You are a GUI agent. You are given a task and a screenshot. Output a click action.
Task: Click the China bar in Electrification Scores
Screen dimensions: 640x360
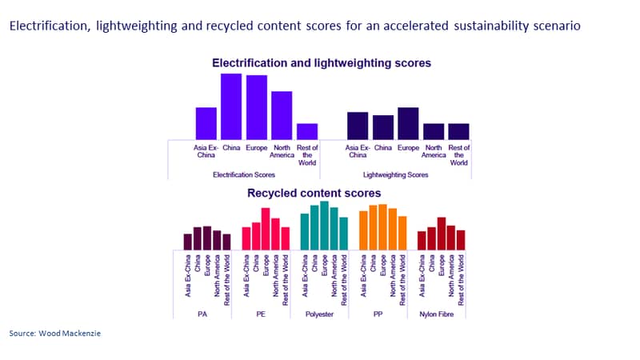click(x=231, y=106)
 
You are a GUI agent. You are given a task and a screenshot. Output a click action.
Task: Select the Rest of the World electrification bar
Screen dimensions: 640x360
click(x=307, y=131)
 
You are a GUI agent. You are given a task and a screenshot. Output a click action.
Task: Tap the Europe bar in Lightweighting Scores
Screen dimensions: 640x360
click(x=408, y=124)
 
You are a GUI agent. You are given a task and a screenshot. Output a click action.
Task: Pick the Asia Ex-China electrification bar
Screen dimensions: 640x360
click(x=206, y=124)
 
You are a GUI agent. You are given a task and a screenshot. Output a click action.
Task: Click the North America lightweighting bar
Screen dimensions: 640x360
click(x=434, y=131)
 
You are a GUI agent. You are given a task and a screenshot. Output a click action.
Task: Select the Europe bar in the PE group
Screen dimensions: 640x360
click(x=266, y=229)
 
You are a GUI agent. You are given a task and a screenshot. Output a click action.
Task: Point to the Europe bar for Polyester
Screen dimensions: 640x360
click(x=325, y=226)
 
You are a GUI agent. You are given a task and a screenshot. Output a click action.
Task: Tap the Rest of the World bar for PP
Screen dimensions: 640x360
click(x=402, y=233)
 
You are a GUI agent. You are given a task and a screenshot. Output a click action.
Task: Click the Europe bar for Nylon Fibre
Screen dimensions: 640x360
click(x=442, y=234)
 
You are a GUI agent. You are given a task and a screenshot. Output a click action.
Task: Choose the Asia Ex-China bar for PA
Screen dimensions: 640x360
click(x=188, y=242)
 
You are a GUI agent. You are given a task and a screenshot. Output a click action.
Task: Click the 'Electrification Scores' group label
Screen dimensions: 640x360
click(x=244, y=174)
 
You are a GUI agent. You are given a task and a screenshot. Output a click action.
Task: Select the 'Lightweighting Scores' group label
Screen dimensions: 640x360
click(x=395, y=174)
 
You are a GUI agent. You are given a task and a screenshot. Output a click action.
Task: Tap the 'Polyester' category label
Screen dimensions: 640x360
click(x=319, y=314)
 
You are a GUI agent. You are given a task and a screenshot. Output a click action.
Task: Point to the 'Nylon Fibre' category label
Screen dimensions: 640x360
click(x=436, y=314)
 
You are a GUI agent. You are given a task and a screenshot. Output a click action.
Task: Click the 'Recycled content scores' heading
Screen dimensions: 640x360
click(x=314, y=193)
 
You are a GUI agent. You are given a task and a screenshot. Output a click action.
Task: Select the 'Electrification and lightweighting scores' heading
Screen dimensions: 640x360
click(x=322, y=63)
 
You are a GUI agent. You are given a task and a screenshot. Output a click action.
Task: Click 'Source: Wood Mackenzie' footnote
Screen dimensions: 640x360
click(x=54, y=333)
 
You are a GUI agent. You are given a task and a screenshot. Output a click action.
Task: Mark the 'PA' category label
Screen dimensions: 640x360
click(x=202, y=314)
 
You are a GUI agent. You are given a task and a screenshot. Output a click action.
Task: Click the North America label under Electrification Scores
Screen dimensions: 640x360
click(x=282, y=151)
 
